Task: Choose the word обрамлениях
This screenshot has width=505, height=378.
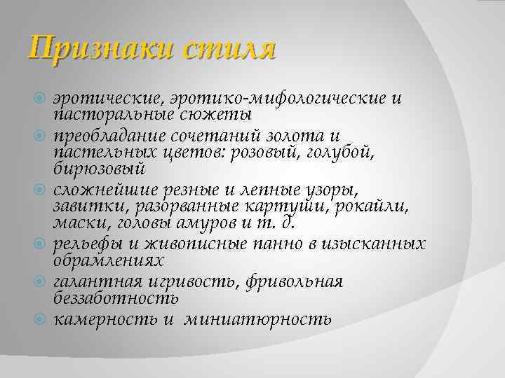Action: pyautogui.click(x=108, y=260)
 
